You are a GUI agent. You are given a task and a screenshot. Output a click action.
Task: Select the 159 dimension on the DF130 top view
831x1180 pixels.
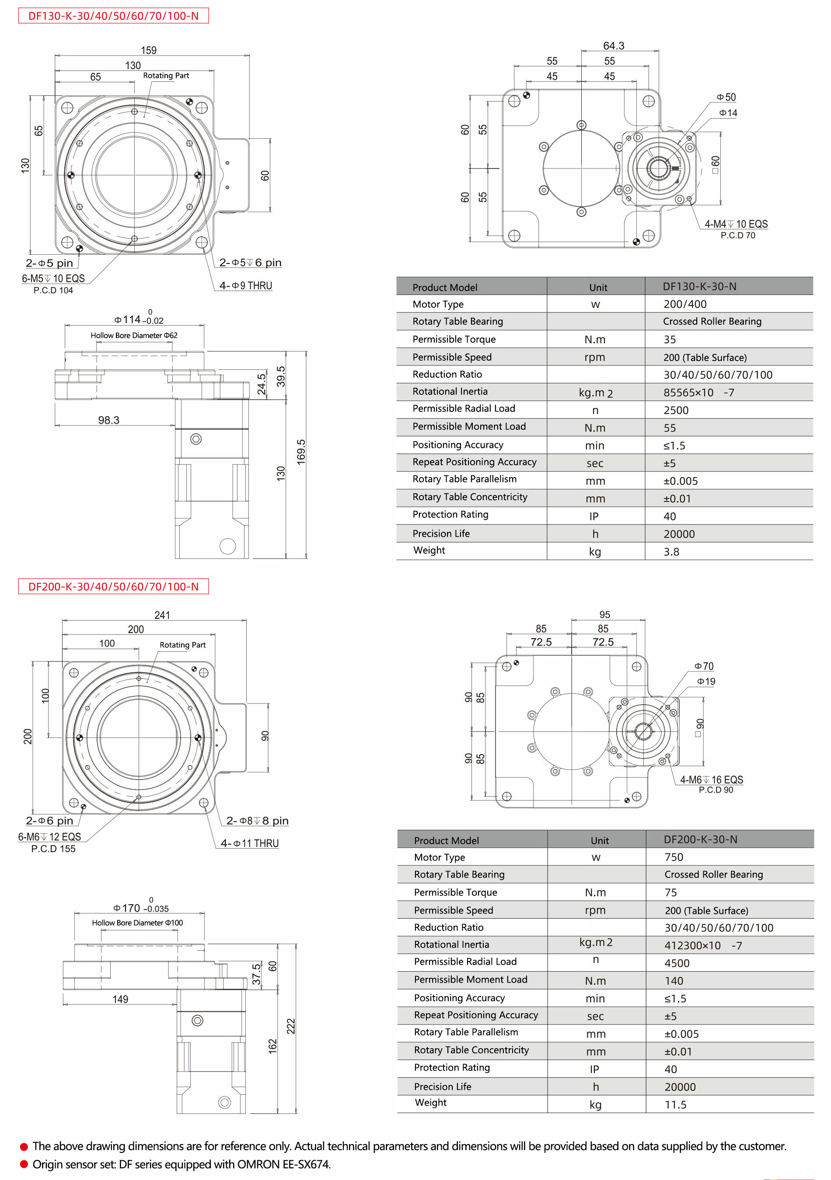tap(148, 50)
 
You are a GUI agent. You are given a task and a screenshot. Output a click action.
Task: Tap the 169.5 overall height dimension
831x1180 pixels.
tap(301, 452)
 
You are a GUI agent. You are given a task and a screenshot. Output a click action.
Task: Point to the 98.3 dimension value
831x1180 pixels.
tap(108, 420)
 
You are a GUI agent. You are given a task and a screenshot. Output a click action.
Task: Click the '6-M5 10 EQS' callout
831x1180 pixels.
tap(53, 278)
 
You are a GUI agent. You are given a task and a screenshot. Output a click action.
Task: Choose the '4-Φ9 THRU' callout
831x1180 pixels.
tap(245, 286)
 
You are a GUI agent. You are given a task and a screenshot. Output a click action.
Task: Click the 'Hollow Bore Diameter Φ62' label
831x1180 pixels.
tap(134, 335)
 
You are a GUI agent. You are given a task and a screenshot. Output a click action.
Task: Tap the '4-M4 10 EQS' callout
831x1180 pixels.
tap(736, 224)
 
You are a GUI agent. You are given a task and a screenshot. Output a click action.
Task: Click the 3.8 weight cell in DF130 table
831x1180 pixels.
tap(671, 551)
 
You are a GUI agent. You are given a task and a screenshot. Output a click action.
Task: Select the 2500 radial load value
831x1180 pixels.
tap(676, 410)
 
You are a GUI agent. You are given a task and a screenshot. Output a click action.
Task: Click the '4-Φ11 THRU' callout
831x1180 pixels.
tap(250, 843)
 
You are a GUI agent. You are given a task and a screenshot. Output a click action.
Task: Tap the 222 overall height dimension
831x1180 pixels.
tap(291, 1026)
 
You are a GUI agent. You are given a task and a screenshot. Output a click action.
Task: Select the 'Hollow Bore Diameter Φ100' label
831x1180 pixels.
tap(137, 923)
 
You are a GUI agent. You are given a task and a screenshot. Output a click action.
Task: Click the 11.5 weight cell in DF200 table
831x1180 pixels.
tap(675, 1104)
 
